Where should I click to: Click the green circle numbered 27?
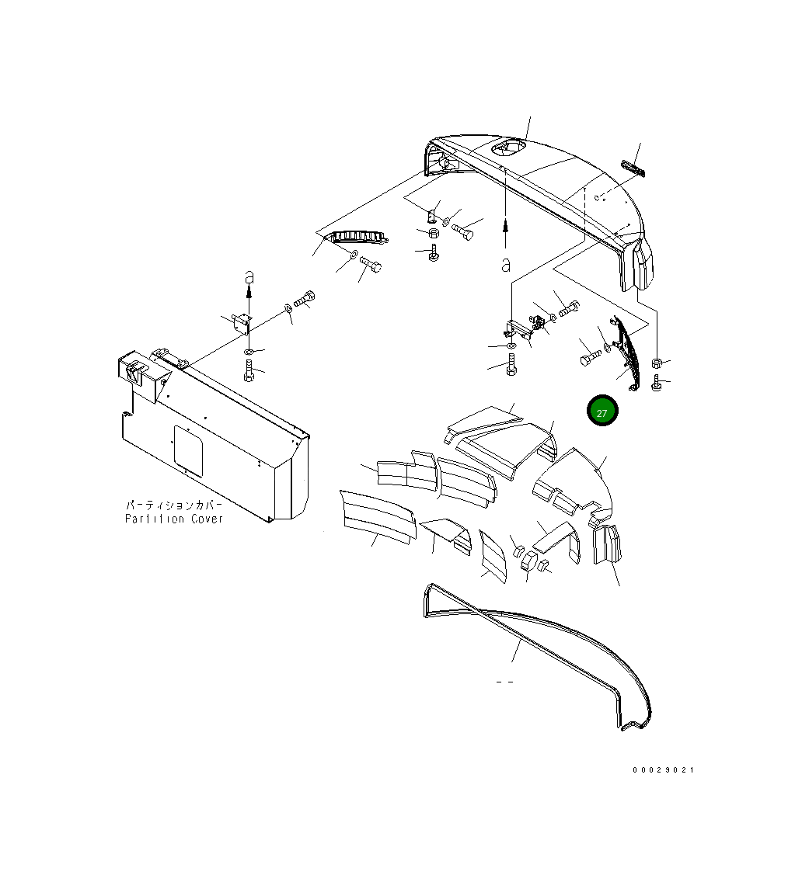tap(602, 412)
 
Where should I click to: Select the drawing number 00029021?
tap(662, 770)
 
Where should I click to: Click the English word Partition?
tap(154, 519)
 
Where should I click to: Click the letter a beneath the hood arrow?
tap(506, 266)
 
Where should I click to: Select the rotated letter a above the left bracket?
tap(249, 276)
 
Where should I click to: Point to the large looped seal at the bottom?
tap(536, 652)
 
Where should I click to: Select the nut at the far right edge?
tap(657, 363)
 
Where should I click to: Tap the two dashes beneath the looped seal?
tap(504, 682)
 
